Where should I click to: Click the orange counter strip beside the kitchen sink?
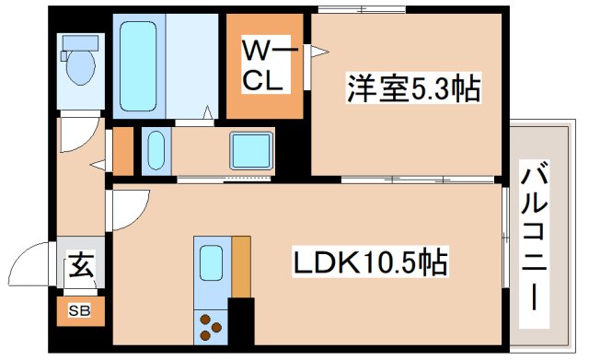tap(241, 267)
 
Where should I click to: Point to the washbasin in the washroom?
tap(156, 150)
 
